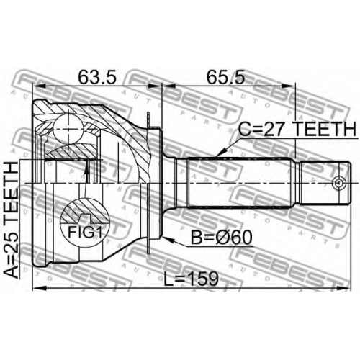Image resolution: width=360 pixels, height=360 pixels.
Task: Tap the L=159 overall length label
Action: coord(191,279)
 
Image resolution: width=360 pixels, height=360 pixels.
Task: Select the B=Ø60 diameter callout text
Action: coord(222,237)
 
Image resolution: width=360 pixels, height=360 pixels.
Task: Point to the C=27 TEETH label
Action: coord(297,129)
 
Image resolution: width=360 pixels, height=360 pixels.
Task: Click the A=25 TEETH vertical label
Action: coord(12,220)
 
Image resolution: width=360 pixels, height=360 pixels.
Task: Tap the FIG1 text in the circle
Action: coord(85,232)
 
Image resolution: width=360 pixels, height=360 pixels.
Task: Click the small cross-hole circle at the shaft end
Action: coord(339,183)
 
